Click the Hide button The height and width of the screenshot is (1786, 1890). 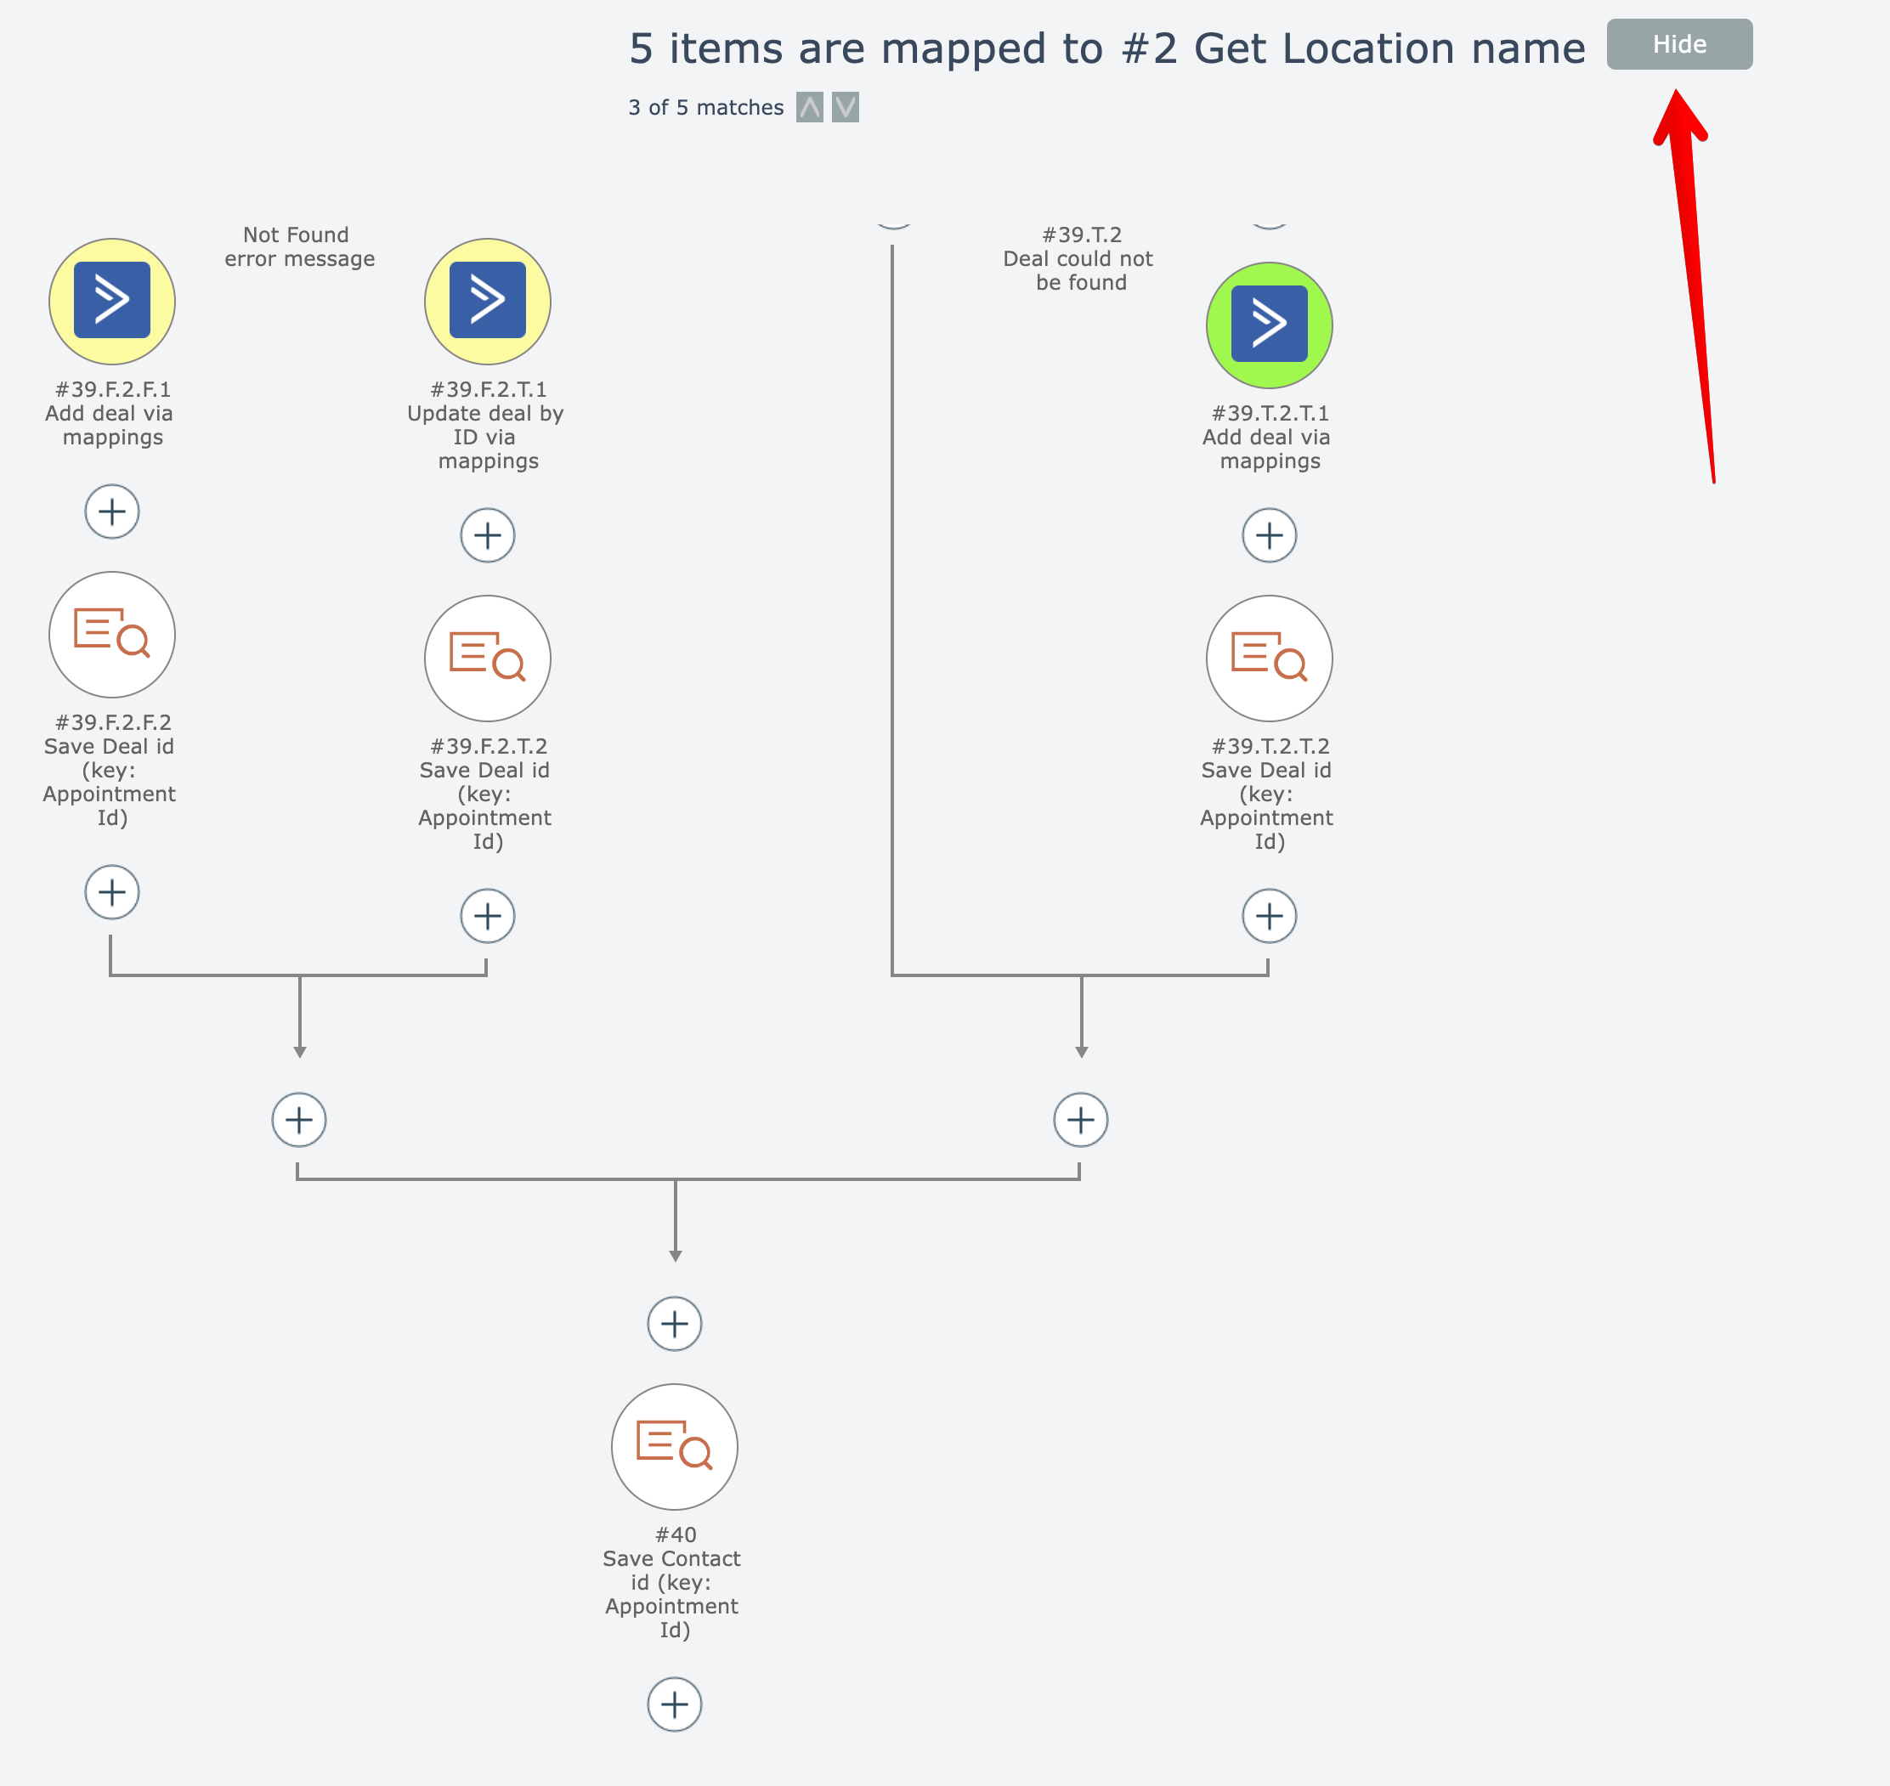click(x=1678, y=45)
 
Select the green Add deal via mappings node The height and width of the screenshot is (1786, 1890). click(x=1268, y=325)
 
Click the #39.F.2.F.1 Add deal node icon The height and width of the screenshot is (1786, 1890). click(x=112, y=301)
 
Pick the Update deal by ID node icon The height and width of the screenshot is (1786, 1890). click(x=488, y=301)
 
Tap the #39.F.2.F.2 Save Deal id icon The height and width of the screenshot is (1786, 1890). click(x=112, y=634)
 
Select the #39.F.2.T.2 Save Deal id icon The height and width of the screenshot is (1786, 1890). click(x=488, y=658)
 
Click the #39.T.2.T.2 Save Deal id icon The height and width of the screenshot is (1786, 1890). click(x=1268, y=658)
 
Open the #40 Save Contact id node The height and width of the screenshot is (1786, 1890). click(x=674, y=1446)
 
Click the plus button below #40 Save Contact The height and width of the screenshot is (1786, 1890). click(x=674, y=1704)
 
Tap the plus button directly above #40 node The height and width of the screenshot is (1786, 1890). click(x=674, y=1323)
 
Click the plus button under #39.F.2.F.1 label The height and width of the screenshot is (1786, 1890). click(x=112, y=511)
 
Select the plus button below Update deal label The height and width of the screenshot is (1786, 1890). click(x=488, y=535)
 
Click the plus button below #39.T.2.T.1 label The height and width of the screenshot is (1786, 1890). click(x=1268, y=535)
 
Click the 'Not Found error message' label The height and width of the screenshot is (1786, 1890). click(x=299, y=246)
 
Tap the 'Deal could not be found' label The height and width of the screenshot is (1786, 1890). click(x=1080, y=259)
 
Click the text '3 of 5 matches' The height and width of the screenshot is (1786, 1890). click(x=705, y=108)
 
